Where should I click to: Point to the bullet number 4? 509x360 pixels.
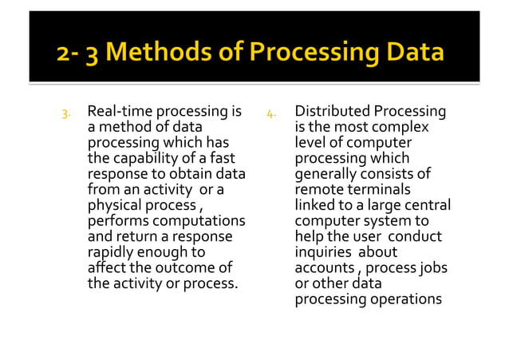click(x=271, y=113)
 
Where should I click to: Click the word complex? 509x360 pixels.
click(x=404, y=127)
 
